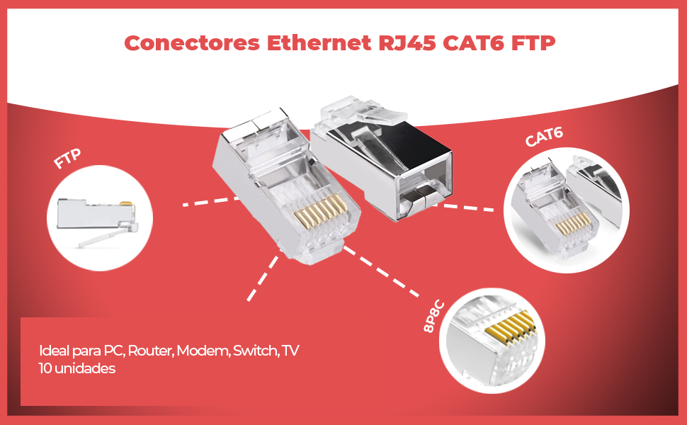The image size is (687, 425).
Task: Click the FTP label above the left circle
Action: point(69,159)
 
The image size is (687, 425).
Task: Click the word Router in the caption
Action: point(150,351)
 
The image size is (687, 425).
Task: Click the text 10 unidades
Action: point(78,369)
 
